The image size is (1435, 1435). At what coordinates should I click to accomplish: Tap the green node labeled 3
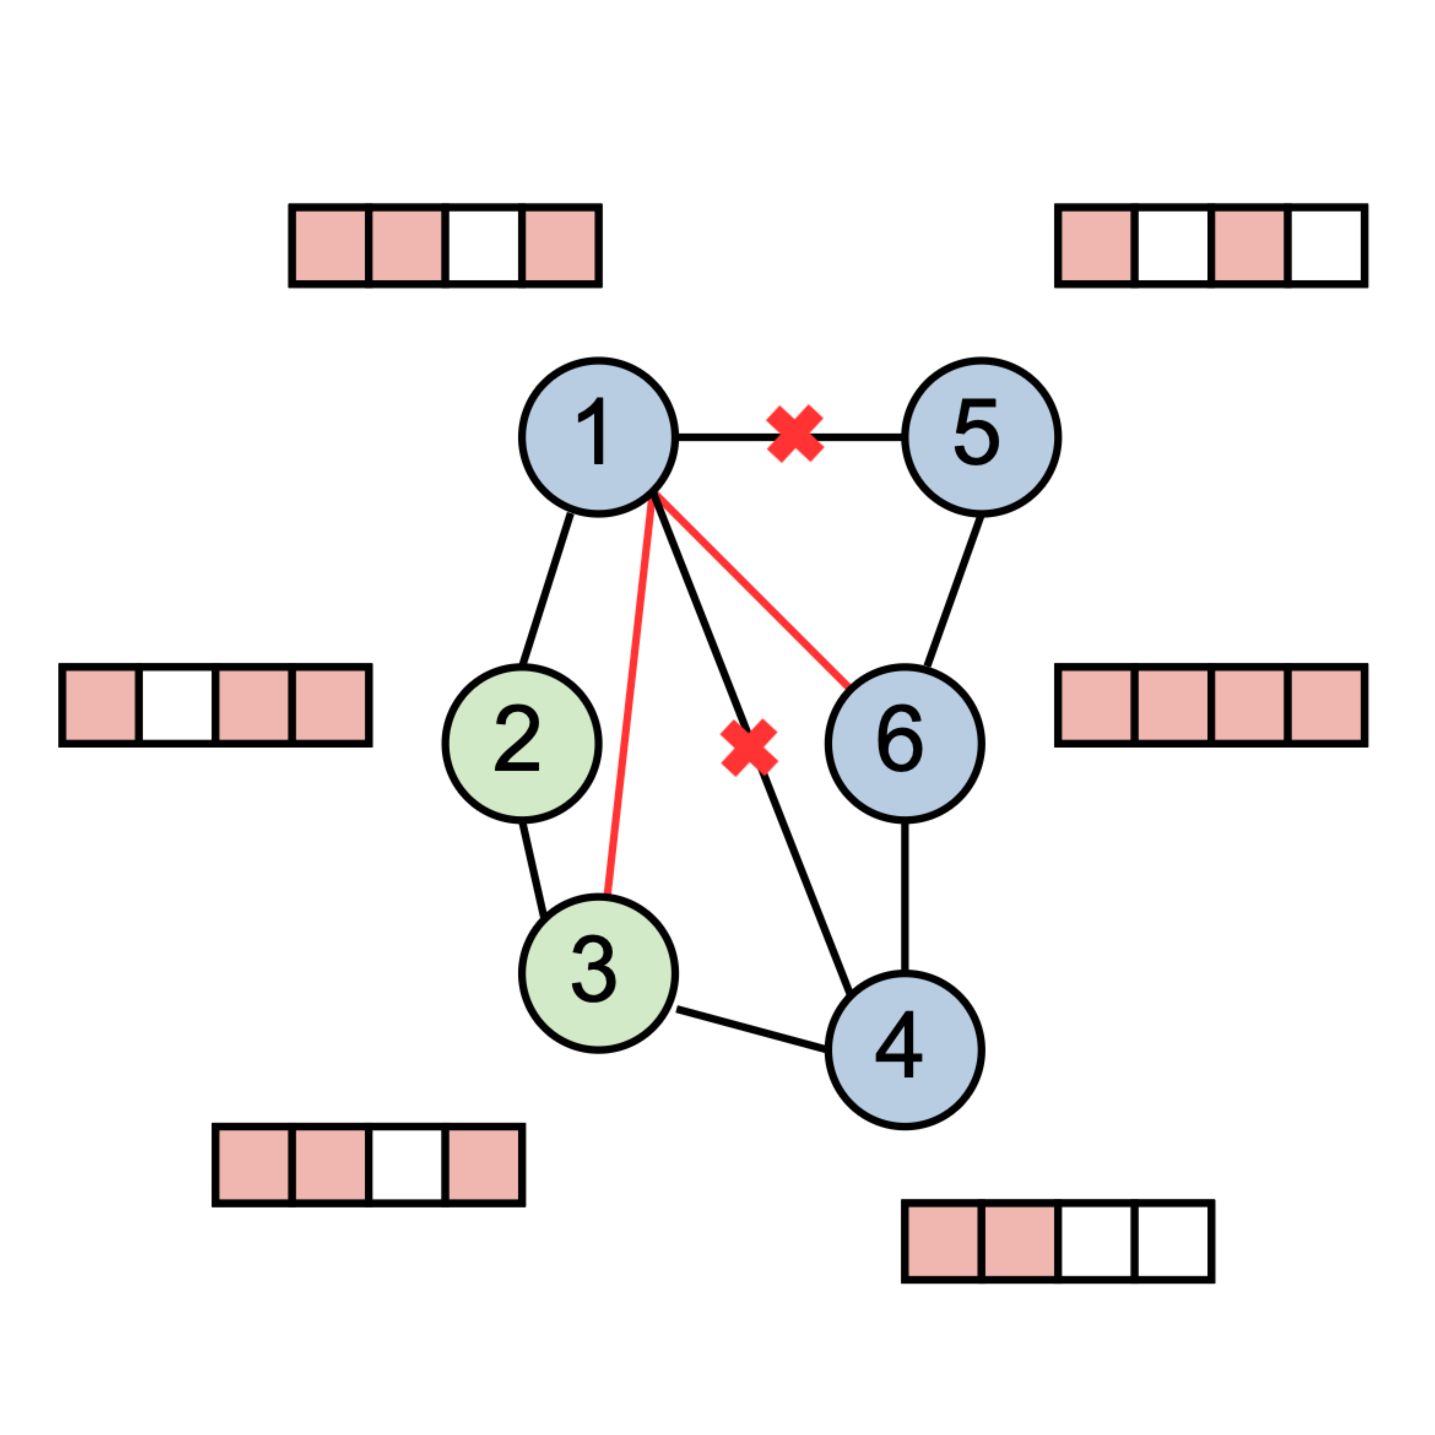(x=599, y=974)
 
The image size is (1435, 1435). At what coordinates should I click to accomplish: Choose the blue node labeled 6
(x=905, y=744)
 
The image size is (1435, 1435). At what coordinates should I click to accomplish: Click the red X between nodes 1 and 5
(x=795, y=434)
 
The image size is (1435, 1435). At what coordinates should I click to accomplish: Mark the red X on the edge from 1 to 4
(x=749, y=748)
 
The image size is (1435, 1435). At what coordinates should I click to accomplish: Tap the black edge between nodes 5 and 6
(x=954, y=591)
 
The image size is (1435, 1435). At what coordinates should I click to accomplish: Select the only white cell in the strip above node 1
(x=484, y=245)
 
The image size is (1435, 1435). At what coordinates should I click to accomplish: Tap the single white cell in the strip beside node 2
(x=178, y=705)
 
